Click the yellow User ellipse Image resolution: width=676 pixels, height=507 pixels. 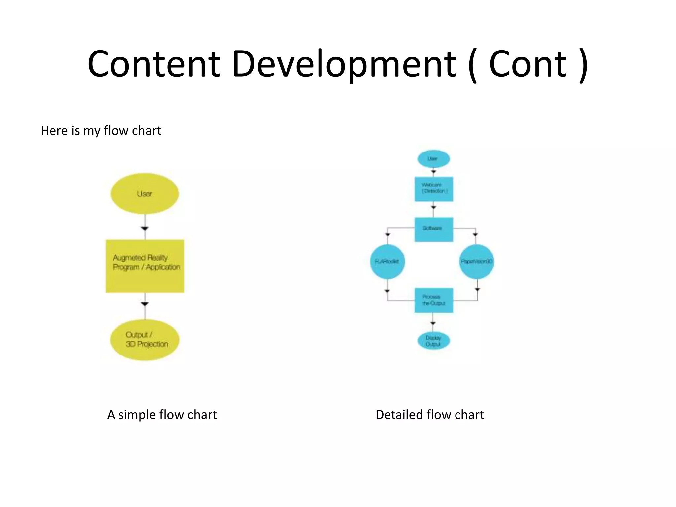tap(145, 194)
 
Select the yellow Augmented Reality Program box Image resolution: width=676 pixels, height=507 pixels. tap(145, 266)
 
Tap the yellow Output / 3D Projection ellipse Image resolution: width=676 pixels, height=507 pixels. tap(145, 340)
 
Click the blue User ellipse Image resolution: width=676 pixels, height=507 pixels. tap(433, 159)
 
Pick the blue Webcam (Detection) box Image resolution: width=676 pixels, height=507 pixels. tap(434, 189)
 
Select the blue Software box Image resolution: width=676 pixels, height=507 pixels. tap(434, 229)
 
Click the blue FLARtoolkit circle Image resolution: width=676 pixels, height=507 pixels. tap(387, 261)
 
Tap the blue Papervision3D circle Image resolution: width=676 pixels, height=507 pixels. tap(476, 261)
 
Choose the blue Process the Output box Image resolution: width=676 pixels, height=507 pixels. tap(434, 300)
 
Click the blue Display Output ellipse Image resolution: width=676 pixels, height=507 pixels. tap(433, 341)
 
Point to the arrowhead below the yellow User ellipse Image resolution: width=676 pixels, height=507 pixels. tap(145, 228)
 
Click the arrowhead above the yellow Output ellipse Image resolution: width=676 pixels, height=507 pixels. tap(145, 304)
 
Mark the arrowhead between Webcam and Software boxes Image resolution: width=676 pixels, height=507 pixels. tap(434, 207)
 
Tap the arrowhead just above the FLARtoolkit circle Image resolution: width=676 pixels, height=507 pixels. tap(388, 235)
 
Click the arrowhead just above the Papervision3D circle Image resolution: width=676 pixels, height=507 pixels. tap(475, 235)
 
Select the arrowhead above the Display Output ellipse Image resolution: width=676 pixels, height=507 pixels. tap(433, 323)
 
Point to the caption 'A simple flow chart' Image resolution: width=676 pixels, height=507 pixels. tap(162, 415)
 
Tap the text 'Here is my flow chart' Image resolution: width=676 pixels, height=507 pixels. tap(101, 131)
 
